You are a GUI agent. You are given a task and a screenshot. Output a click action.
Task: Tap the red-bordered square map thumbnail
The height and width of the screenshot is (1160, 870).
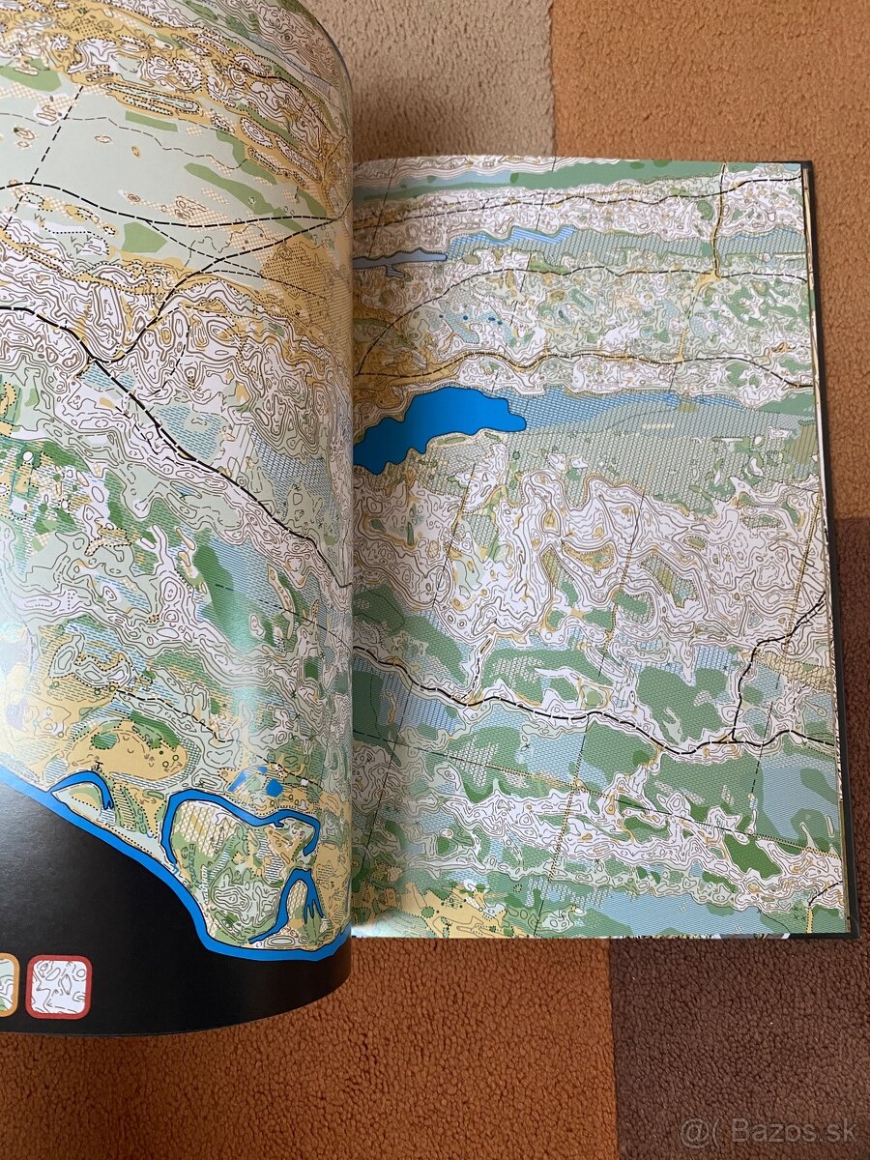coord(58,986)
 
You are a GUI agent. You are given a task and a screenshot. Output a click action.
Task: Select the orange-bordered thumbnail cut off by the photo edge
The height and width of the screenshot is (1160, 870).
coord(7,984)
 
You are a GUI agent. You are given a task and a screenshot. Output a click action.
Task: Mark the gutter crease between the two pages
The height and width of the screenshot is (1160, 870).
coord(352,580)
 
